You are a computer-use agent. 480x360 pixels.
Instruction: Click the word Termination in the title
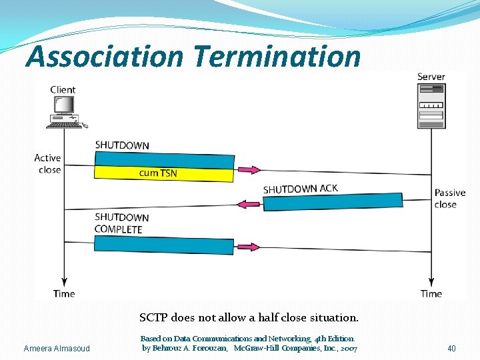[x=277, y=57]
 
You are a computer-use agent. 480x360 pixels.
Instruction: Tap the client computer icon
[x=63, y=112]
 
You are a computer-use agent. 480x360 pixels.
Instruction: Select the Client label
[x=63, y=90]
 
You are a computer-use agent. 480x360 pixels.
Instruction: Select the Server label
[x=431, y=77]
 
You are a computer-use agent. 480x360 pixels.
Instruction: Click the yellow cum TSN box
[x=164, y=173]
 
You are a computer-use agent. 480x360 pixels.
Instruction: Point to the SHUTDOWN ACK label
[x=301, y=189]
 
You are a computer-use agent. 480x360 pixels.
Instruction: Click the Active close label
[x=48, y=164]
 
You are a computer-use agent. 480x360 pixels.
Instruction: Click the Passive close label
[x=450, y=199]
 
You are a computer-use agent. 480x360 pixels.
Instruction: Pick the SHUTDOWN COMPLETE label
[x=119, y=223]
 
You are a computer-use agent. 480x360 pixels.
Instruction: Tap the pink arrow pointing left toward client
[x=248, y=204]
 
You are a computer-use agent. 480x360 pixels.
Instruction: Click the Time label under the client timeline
[x=64, y=294]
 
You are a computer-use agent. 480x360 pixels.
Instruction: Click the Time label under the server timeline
[x=431, y=294]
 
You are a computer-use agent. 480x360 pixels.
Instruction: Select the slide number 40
[x=451, y=349]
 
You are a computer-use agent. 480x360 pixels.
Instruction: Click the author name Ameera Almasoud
[x=57, y=349]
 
